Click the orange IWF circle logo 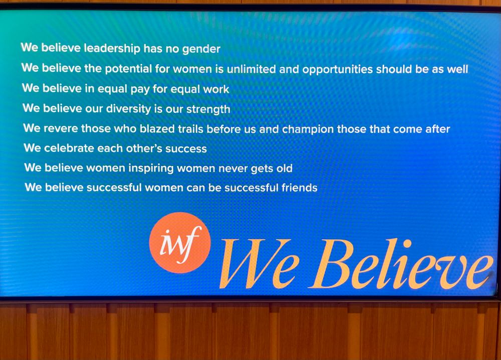[x=180, y=242]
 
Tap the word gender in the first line [x=201, y=49]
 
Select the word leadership [x=112, y=48]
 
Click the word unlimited [x=251, y=69]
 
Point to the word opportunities [x=337, y=70]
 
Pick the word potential [x=128, y=69]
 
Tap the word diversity [x=128, y=109]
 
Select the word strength [x=208, y=110]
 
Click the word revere [x=61, y=128]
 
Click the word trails [x=190, y=129]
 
